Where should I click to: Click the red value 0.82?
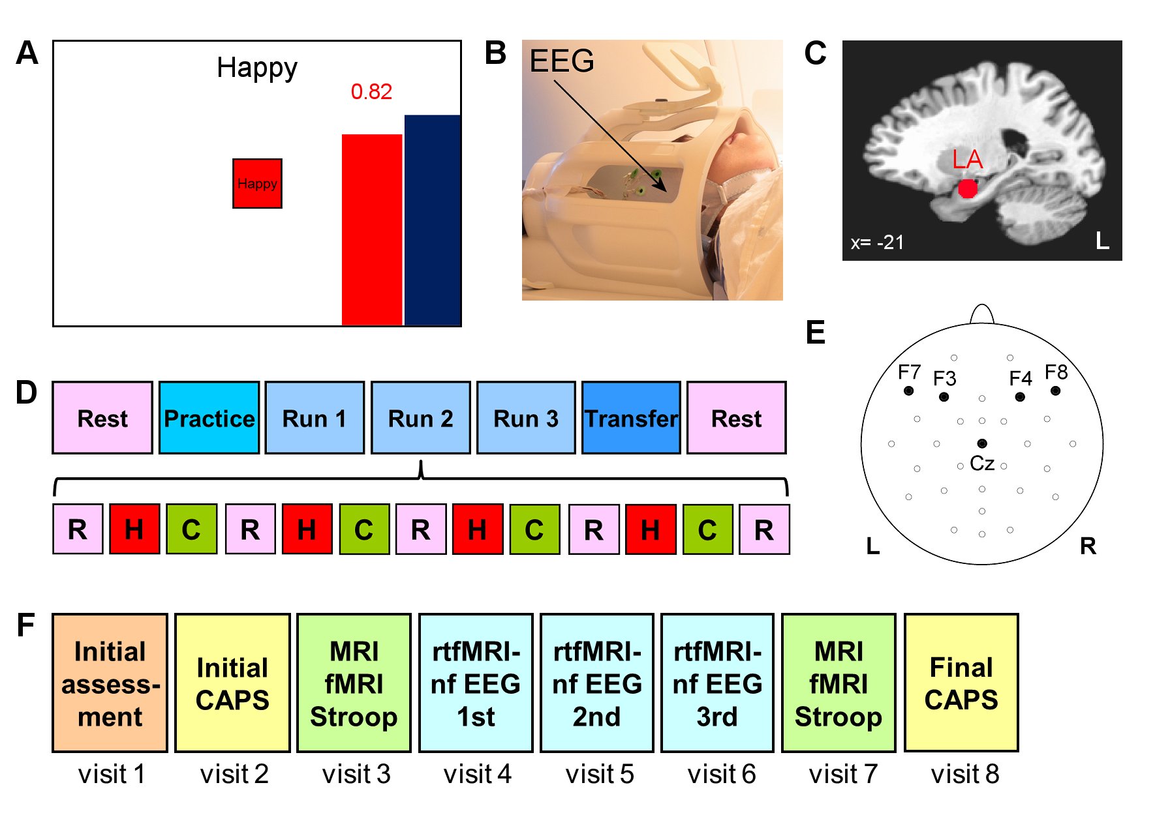pos(371,92)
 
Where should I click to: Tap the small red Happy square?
pos(257,184)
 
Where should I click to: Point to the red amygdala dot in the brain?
pos(968,189)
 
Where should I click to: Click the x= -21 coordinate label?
pos(877,243)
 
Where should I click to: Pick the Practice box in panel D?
pos(209,418)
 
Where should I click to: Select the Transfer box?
pos(631,418)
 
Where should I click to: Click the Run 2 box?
pos(420,418)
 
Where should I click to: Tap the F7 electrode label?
pos(909,372)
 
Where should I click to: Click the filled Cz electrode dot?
pos(982,443)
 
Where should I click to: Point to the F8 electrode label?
pos(1056,372)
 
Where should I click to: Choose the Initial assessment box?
pos(110,683)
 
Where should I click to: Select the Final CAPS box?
pos(961,683)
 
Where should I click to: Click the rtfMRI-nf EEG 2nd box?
pos(597,683)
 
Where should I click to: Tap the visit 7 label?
pos(843,774)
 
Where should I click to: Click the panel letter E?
pos(816,333)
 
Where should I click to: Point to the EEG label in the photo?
pos(562,61)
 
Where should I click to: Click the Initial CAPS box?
pos(232,683)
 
